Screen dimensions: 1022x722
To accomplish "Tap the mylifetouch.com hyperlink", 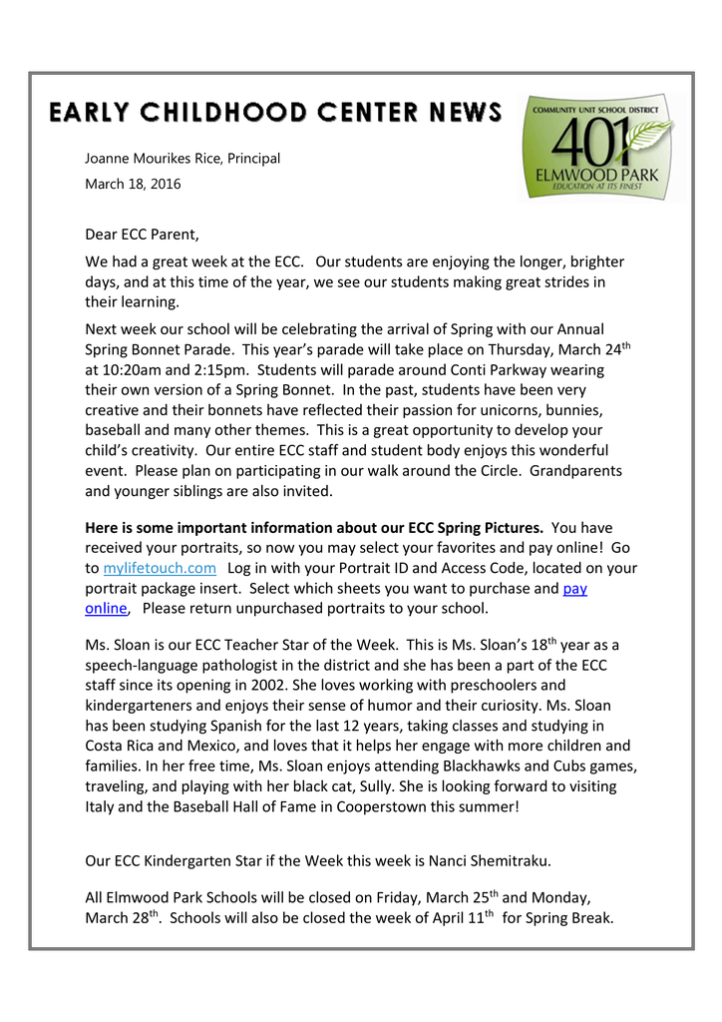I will coord(160,568).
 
